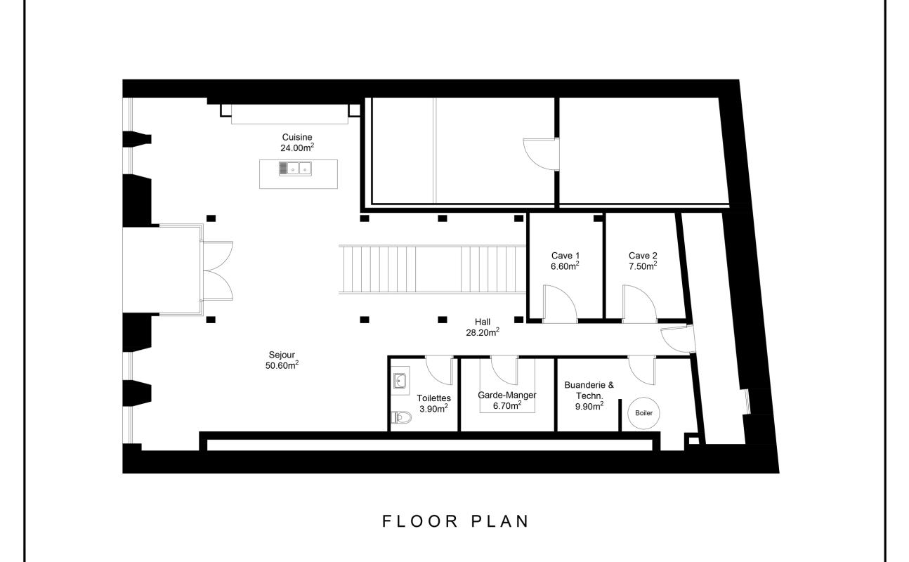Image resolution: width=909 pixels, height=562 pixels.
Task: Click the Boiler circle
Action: (x=643, y=413)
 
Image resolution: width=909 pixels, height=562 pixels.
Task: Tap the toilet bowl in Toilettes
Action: (x=401, y=417)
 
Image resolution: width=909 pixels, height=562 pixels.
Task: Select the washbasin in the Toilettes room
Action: (x=400, y=381)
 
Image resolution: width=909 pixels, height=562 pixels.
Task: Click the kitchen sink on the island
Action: (x=295, y=169)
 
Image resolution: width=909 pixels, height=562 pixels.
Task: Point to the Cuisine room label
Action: (x=297, y=137)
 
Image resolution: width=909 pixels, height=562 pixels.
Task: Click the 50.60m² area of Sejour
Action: (x=282, y=365)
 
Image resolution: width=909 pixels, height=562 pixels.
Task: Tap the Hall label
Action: (x=483, y=322)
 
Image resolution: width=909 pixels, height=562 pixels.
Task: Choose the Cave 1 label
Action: (x=565, y=256)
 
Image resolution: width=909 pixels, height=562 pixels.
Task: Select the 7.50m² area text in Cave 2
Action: (x=643, y=266)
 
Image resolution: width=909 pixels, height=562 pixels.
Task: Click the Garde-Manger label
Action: (x=507, y=395)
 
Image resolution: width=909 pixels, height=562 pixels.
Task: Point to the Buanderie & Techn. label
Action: (x=589, y=390)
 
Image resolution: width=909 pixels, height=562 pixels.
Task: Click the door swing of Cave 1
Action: (x=560, y=304)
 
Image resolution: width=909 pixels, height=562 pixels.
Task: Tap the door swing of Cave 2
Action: (x=639, y=304)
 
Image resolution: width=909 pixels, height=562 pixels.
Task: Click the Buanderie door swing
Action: (x=641, y=370)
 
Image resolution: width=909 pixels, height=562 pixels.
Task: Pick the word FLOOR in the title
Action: (x=421, y=521)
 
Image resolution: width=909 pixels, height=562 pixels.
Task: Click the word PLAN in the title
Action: (x=500, y=521)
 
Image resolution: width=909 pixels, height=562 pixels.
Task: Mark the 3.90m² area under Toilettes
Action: (x=434, y=409)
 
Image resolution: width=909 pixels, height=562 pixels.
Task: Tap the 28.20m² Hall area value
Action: (x=483, y=332)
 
